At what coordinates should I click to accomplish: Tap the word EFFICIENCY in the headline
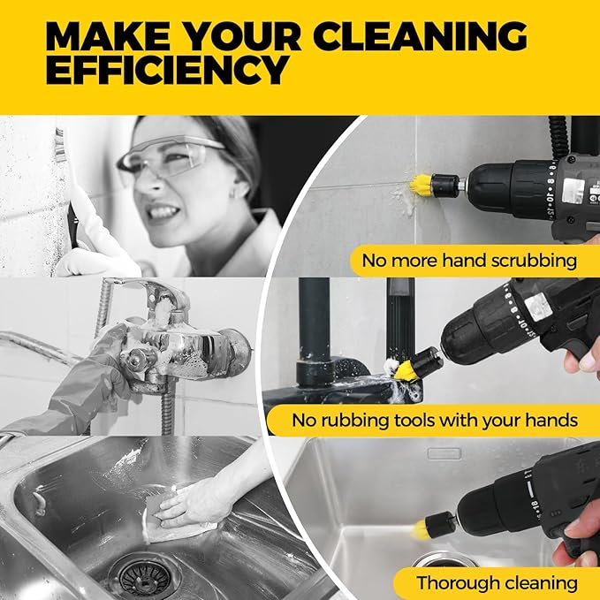click(x=168, y=70)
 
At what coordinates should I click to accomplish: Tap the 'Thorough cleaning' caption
click(x=497, y=582)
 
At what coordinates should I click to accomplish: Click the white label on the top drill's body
click(x=572, y=188)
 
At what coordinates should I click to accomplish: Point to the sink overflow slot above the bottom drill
click(x=444, y=453)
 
